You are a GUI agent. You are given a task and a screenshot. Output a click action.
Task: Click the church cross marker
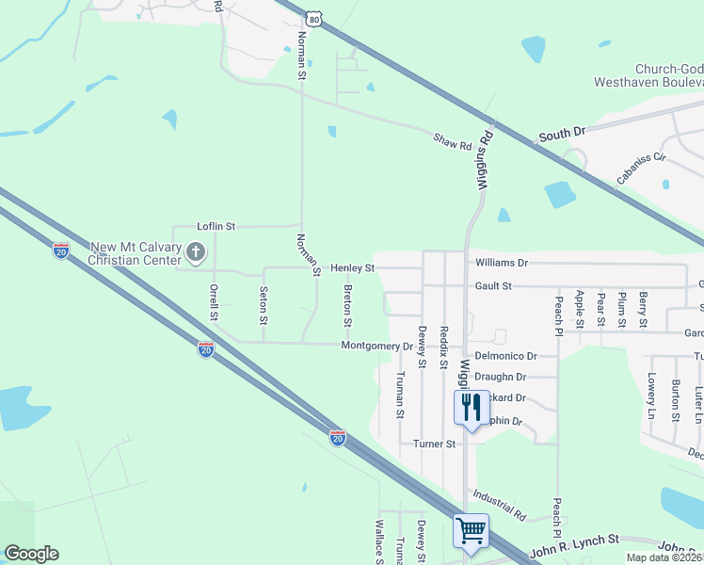pos(196,251)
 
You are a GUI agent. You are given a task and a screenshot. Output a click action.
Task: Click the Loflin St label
pos(216,226)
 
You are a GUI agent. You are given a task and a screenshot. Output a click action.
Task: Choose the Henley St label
pos(353,268)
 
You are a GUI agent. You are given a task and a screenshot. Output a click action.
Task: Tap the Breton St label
pos(347,306)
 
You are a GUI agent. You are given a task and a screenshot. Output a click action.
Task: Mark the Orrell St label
pos(214,302)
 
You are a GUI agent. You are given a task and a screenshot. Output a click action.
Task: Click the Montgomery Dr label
pos(376,346)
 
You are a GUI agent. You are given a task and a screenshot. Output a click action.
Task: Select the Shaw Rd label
pos(452,142)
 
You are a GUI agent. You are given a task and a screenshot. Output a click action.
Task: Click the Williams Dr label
pos(502,263)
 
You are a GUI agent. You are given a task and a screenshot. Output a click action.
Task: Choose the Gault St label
pos(493,285)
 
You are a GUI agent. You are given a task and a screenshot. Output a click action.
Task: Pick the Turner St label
pos(434,444)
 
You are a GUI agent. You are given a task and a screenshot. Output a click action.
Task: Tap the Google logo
pos(31,554)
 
